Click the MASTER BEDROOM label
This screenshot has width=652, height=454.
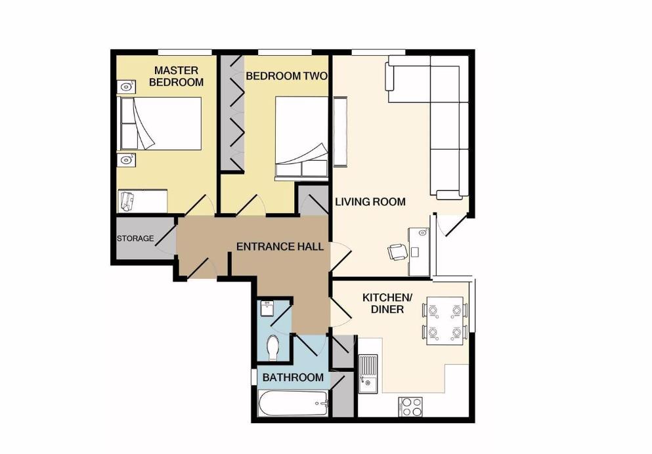pos(176,76)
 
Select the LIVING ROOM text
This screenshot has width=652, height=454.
pos(370,201)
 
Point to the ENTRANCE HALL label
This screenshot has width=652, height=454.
pos(280,247)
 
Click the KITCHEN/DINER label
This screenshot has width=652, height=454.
pos(387,303)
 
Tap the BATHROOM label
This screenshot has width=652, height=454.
pos(293,377)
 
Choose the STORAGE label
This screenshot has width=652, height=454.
pos(135,238)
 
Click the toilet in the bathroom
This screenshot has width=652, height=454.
pos(273,347)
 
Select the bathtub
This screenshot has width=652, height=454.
pos(293,403)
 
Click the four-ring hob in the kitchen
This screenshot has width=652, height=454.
pos(411,407)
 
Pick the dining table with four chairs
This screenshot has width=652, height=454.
pos(445,321)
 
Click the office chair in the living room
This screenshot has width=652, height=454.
pos(397,252)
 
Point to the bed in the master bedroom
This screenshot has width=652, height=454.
pos(160,123)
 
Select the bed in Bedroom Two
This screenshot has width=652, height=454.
pos(301,136)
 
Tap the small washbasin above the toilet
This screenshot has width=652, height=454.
pos(267,307)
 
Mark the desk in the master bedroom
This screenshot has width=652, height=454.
pos(143,200)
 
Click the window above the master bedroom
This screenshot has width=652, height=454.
pos(185,52)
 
